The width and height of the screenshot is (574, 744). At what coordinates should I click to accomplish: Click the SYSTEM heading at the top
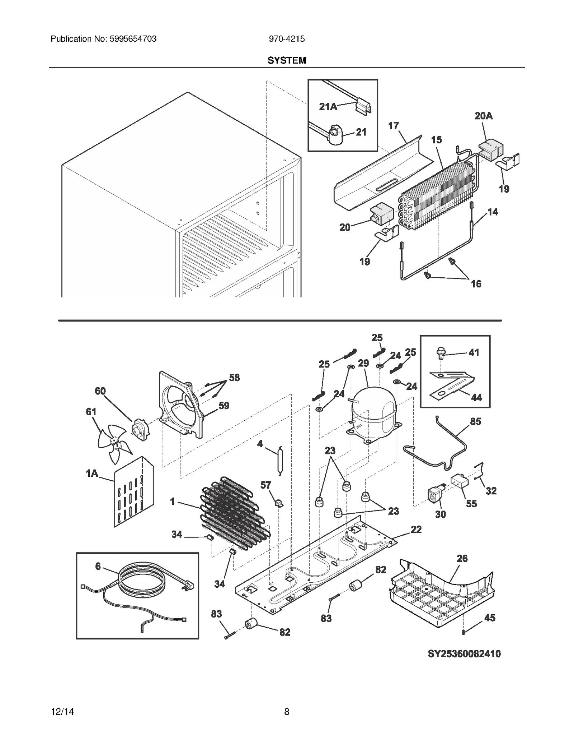[x=287, y=60]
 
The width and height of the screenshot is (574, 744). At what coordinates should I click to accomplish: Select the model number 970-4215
[x=287, y=39]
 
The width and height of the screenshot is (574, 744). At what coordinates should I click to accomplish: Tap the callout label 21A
[x=328, y=107]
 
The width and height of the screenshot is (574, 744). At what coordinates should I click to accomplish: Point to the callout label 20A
[x=483, y=116]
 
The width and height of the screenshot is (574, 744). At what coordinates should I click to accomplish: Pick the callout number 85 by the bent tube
[x=475, y=421]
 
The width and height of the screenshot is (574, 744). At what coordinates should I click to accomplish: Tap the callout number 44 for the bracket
[x=476, y=397]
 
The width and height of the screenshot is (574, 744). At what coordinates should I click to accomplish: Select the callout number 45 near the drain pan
[x=489, y=618]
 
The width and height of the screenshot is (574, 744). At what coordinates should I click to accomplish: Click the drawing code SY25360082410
[x=464, y=653]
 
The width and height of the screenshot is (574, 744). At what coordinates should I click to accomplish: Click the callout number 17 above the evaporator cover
[x=393, y=126]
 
